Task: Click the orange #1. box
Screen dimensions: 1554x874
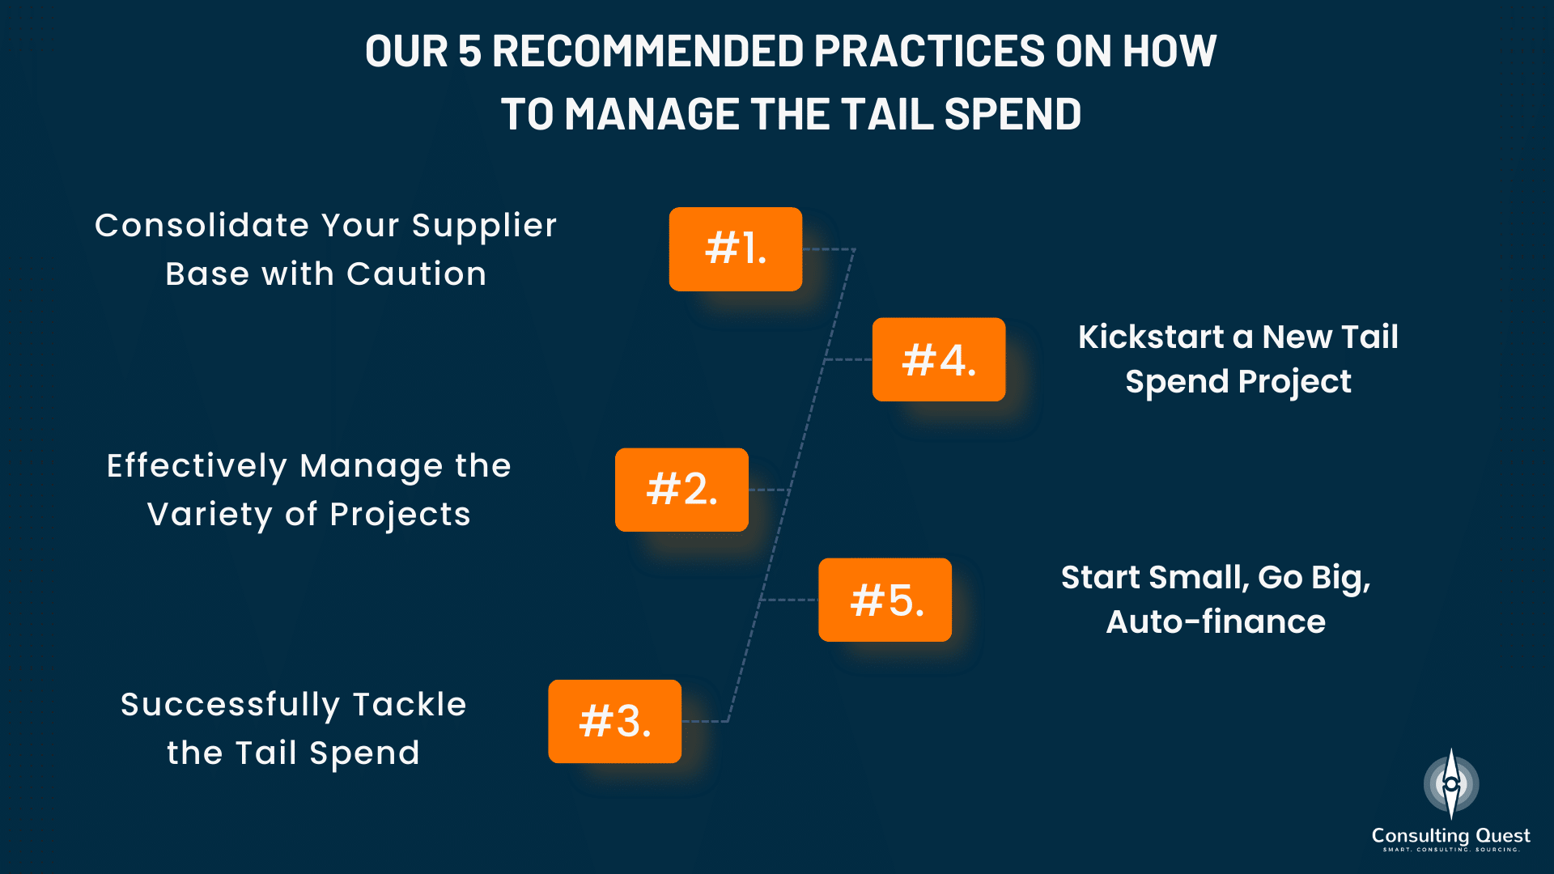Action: pos(736,249)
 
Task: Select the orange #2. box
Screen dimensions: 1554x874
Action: pos(681,490)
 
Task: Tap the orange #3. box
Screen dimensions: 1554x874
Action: pos(615,721)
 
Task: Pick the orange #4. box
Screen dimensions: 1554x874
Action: pos(939,359)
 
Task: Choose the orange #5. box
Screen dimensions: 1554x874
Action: pos(885,600)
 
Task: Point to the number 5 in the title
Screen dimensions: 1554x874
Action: pos(469,51)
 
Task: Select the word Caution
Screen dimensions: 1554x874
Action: pos(417,274)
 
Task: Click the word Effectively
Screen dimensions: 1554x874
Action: pos(197,467)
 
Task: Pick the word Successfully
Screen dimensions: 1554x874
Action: pos(230,706)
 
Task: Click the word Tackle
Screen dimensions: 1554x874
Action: pos(410,704)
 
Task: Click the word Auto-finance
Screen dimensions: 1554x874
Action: pos(1216,622)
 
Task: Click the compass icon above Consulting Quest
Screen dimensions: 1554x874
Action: pos(1451,783)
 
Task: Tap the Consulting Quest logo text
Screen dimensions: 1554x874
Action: pos(1450,836)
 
